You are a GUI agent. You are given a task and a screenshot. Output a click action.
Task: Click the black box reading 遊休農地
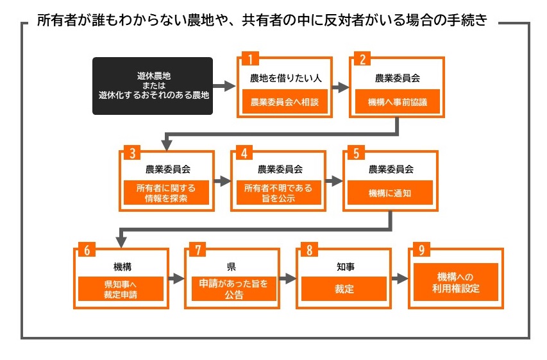pyautogui.click(x=152, y=86)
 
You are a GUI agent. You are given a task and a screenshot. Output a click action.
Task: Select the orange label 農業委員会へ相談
pyautogui.click(x=285, y=101)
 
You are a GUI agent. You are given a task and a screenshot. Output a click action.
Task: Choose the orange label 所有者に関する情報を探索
pyautogui.click(x=166, y=193)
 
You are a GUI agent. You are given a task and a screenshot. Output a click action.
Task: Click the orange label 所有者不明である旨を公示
pyautogui.click(x=278, y=193)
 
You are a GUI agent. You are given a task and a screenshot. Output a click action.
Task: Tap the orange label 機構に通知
pyautogui.click(x=390, y=193)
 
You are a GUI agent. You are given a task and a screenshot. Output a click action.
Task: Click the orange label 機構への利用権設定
pyautogui.click(x=455, y=282)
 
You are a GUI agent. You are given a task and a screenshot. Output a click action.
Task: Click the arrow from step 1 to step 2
pyautogui.click(x=341, y=85)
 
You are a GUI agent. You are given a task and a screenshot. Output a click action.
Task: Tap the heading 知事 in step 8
pyautogui.click(x=344, y=265)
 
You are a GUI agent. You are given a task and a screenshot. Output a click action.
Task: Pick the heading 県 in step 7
pyautogui.click(x=231, y=265)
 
